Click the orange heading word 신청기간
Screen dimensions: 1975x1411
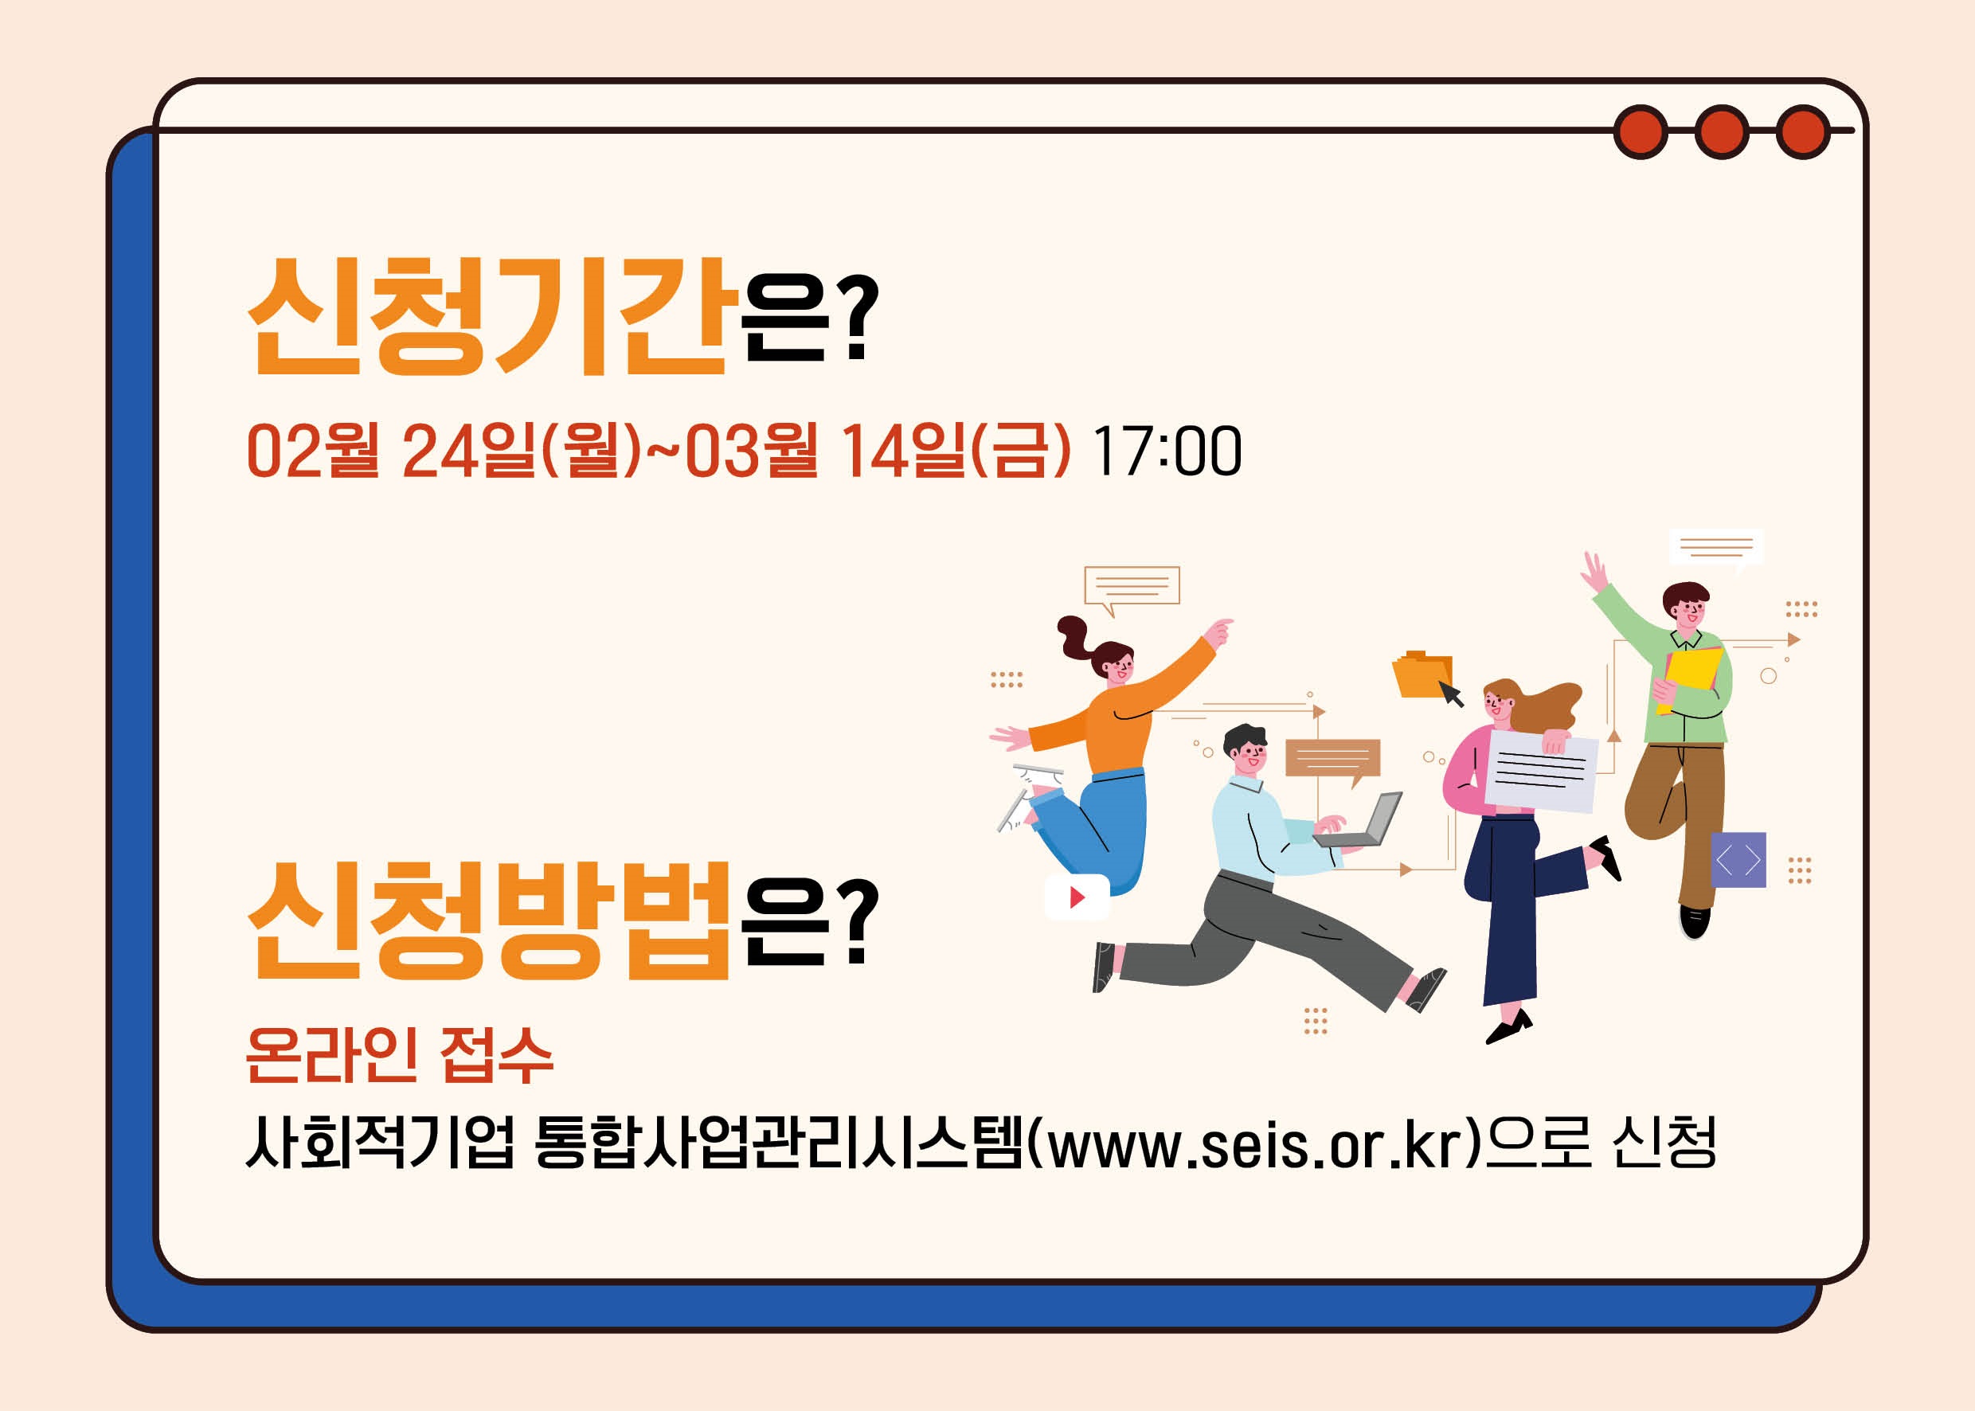point(487,316)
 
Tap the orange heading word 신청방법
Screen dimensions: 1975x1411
point(487,921)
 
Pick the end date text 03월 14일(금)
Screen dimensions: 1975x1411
point(878,451)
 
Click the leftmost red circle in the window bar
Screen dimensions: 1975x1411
point(1641,132)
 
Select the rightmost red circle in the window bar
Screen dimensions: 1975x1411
point(1803,132)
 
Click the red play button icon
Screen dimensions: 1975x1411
point(1077,897)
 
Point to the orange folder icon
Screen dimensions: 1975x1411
point(1422,674)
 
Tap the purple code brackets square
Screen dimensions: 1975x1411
point(1738,860)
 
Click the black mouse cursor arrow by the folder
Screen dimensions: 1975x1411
point(1451,694)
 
